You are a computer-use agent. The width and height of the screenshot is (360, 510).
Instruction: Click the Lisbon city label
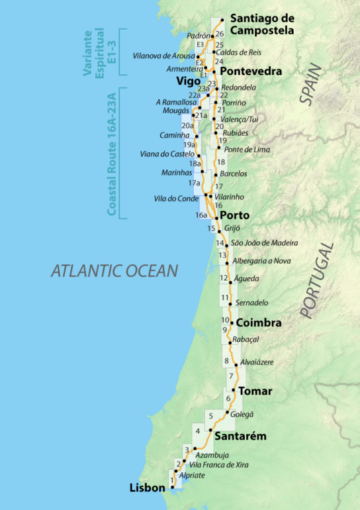tap(148, 488)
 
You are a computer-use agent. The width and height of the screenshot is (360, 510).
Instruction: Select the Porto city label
tap(234, 215)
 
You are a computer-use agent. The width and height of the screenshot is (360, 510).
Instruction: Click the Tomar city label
tap(255, 391)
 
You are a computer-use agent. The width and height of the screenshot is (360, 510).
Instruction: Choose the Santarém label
tap(242, 436)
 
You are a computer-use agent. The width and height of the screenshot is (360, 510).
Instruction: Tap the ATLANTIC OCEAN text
tap(114, 270)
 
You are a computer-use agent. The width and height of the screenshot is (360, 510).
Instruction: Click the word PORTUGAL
tap(317, 281)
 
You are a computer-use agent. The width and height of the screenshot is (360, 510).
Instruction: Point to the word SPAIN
tap(310, 85)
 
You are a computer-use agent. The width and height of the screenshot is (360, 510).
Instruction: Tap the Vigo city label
tap(189, 81)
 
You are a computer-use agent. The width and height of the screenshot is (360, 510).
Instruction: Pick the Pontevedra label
tap(251, 71)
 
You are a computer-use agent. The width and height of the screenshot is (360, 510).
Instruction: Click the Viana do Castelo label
tap(167, 154)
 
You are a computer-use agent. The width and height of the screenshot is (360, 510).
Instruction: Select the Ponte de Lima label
tap(247, 150)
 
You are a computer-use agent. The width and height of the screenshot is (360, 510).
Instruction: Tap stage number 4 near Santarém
tap(198, 432)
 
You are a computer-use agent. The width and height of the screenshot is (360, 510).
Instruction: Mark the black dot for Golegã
tap(228, 413)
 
